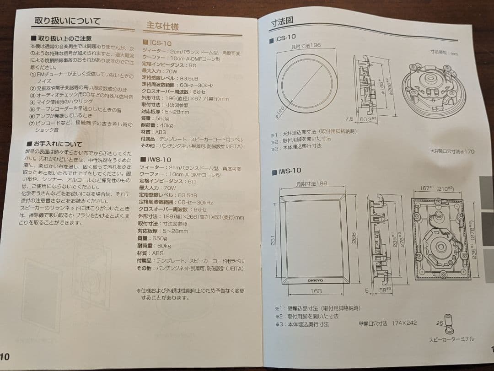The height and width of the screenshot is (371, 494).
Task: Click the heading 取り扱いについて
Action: [68, 21]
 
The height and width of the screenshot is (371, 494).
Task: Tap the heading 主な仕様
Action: [162, 26]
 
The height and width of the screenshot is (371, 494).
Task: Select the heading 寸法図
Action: [282, 22]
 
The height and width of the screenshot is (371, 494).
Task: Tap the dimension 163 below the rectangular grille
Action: [316, 290]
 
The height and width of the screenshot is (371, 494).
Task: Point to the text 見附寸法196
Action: [306, 46]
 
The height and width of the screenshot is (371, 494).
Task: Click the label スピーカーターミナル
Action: [451, 339]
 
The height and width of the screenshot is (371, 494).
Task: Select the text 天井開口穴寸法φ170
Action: [452, 151]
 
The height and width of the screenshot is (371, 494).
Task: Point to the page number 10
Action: [5, 356]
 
